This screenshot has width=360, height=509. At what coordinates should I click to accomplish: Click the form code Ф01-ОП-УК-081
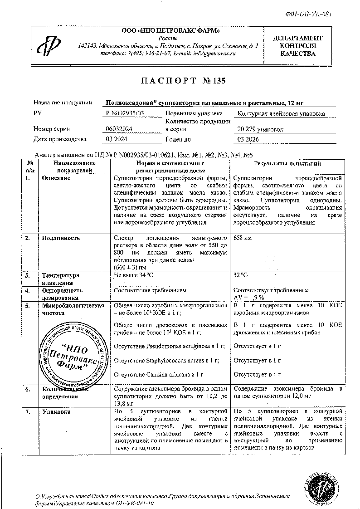pyautogui.click(x=312, y=14)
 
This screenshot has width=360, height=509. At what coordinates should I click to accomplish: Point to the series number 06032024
pyautogui.click(x=119, y=129)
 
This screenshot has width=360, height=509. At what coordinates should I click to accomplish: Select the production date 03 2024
pyautogui.click(x=116, y=139)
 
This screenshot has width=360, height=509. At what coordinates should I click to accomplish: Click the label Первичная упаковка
pyautogui.click(x=194, y=113)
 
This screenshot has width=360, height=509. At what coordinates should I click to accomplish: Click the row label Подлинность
pyautogui.click(x=61, y=238)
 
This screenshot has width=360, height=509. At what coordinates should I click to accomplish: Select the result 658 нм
pyautogui.click(x=242, y=238)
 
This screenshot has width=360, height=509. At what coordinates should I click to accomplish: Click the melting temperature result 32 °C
pyautogui.click(x=240, y=275)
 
